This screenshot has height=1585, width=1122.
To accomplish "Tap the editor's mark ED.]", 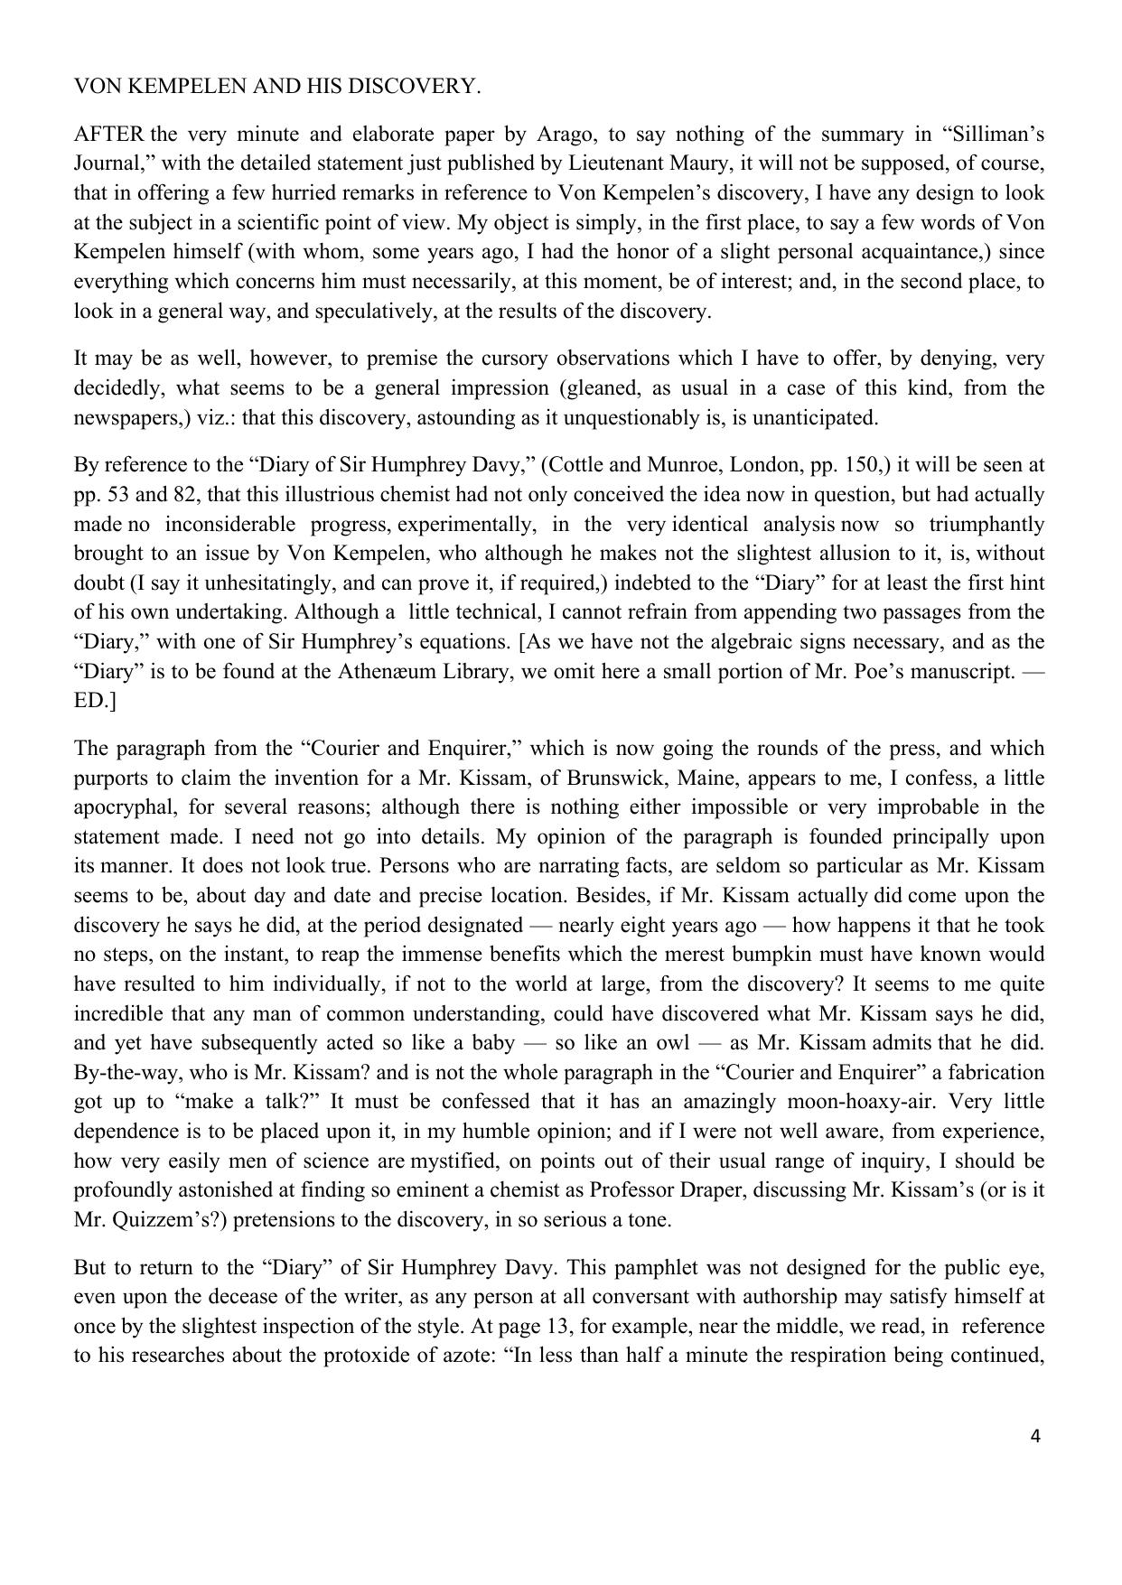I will (x=94, y=702).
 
